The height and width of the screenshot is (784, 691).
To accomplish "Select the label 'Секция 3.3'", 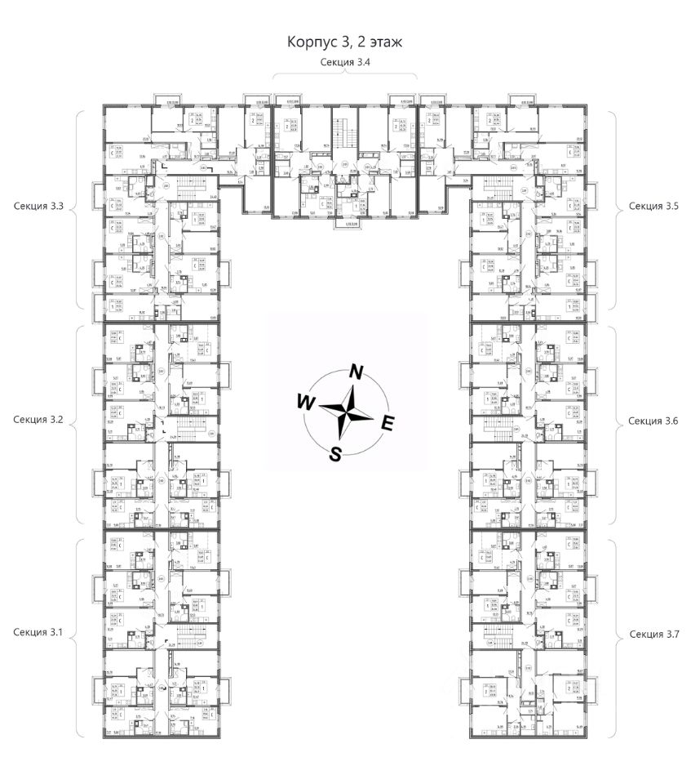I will [x=38, y=207].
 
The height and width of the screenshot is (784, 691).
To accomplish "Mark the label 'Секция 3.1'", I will [x=38, y=633].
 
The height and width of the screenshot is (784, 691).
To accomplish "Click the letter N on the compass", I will [x=357, y=372].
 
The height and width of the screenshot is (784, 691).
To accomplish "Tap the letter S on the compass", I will [x=335, y=455].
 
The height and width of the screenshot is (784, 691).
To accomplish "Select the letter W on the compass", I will [x=305, y=402].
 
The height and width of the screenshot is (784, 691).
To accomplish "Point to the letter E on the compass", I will [x=388, y=422].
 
